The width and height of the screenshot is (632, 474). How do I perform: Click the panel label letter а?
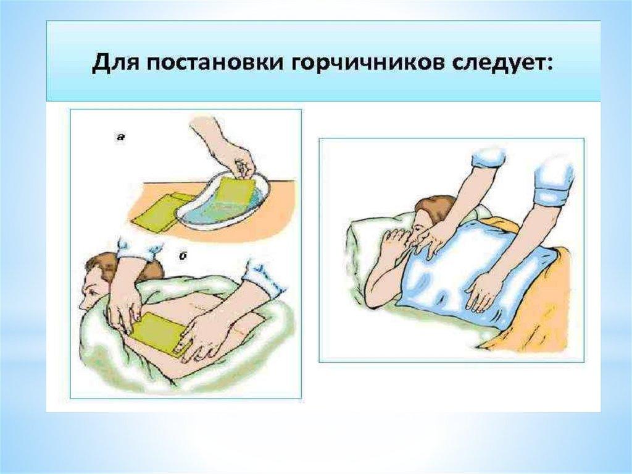(120, 137)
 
